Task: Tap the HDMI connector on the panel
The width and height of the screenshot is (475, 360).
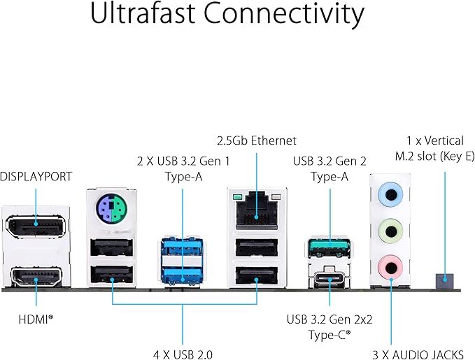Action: pyautogui.click(x=35, y=278)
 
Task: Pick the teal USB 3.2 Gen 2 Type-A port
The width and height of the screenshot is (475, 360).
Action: pyautogui.click(x=329, y=247)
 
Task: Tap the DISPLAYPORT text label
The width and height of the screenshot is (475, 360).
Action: pyautogui.click(x=36, y=177)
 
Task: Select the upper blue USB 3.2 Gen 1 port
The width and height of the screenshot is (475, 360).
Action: pyautogui.click(x=183, y=247)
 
